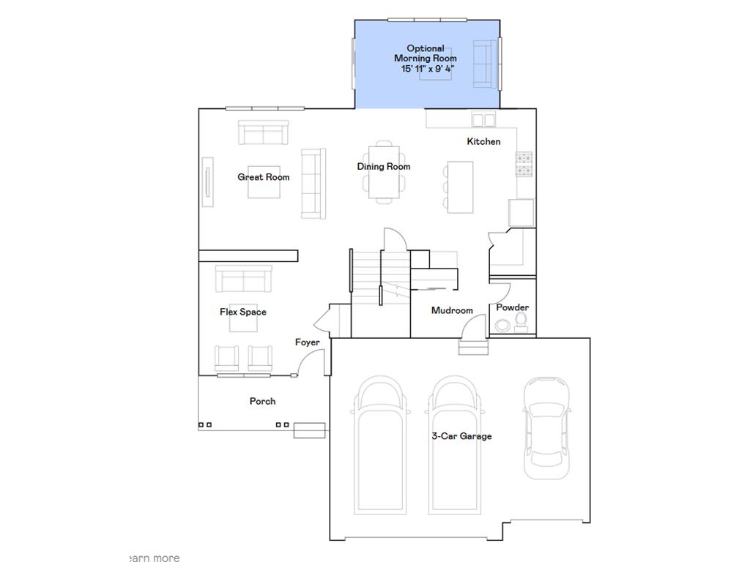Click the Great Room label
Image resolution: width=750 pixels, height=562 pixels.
(x=264, y=177)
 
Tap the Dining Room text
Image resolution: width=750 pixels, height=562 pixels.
(x=384, y=167)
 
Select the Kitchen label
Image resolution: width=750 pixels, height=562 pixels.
(x=484, y=141)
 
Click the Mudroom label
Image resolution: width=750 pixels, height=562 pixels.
(x=452, y=311)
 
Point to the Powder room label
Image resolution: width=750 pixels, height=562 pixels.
(x=513, y=308)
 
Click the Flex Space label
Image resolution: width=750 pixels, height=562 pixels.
(x=243, y=312)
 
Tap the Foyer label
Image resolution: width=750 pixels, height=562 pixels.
(x=307, y=342)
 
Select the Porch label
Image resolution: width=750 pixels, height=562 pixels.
(x=262, y=401)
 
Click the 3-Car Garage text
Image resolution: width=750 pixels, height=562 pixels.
(x=461, y=436)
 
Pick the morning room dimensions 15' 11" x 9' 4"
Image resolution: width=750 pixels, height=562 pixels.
(x=428, y=69)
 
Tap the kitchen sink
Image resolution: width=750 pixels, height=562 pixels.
(x=483, y=119)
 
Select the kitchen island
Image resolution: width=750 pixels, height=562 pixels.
(x=461, y=187)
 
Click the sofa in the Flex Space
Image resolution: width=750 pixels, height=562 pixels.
(x=244, y=279)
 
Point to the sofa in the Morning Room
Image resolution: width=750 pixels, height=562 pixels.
(x=483, y=64)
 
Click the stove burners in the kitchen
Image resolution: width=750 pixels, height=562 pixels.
(x=525, y=165)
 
